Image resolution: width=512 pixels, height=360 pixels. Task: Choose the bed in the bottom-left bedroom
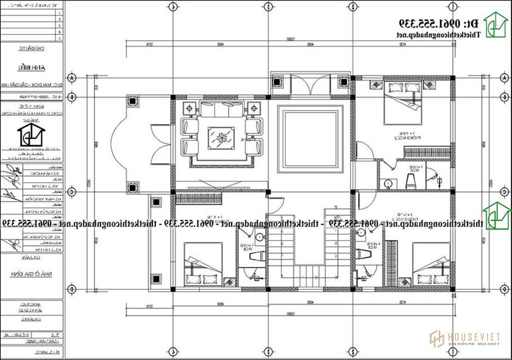click(202, 264)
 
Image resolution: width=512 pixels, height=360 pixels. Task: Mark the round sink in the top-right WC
click(387, 181)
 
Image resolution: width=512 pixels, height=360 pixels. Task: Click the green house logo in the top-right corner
click(496, 24)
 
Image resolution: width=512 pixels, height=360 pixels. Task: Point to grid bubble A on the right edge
click(503, 80)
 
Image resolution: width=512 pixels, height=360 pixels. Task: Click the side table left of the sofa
click(188, 108)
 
